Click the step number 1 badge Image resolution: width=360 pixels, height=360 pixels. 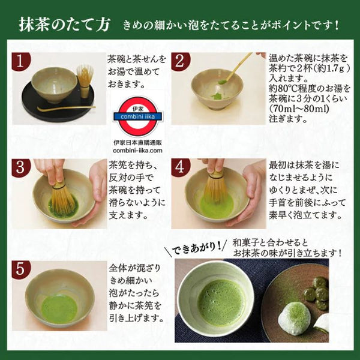click(x=21, y=61)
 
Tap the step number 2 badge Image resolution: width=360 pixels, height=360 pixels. click(x=181, y=61)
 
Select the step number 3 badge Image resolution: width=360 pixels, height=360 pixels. click(x=21, y=168)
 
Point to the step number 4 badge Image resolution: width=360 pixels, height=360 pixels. click(x=181, y=167)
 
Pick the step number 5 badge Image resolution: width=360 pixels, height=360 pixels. click(x=21, y=270)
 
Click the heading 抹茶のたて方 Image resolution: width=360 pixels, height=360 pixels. click(x=65, y=25)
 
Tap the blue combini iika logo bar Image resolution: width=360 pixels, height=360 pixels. click(x=138, y=116)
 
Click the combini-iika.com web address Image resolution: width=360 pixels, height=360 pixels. click(x=137, y=151)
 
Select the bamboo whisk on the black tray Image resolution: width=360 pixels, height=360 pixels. click(x=85, y=80)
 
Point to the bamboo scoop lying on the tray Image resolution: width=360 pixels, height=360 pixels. click(x=67, y=109)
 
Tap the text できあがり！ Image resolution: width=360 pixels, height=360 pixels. click(x=196, y=248)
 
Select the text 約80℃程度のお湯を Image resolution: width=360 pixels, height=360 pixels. click(x=310, y=89)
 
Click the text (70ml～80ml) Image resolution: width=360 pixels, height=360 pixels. click(x=299, y=109)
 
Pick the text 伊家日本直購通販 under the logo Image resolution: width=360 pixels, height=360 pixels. click(x=138, y=143)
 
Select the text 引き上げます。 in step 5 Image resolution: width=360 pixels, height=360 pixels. click(x=136, y=318)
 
